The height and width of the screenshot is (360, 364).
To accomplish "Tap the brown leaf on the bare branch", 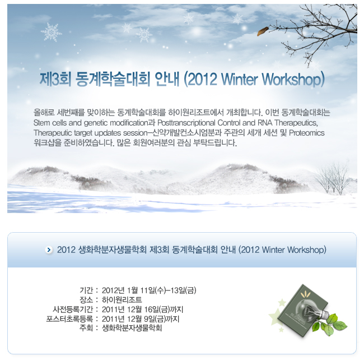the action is point(263,31).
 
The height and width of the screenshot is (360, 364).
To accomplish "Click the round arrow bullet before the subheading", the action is point(49,250).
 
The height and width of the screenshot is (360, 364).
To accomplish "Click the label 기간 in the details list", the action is point(86,290).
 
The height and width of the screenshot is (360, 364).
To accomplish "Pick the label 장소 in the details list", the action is point(86,300).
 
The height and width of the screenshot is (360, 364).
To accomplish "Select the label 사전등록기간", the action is point(73,310).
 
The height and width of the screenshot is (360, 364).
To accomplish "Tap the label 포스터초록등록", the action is point(69,319).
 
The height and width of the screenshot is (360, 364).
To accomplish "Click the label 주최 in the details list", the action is point(86,328).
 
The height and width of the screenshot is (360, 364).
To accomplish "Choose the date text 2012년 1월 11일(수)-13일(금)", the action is point(149,290).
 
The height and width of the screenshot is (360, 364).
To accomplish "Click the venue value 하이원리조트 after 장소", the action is point(122,300).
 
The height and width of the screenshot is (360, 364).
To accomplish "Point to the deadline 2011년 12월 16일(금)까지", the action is point(143,310).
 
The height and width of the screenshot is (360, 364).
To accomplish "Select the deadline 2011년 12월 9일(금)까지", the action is point(141,319).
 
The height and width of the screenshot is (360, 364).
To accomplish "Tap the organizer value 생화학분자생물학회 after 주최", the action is point(132,328).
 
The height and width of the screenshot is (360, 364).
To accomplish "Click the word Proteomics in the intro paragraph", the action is point(307,133).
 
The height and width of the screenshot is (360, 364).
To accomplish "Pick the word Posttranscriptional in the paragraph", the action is point(186,123).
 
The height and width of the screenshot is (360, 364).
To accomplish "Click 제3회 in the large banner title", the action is point(55,79).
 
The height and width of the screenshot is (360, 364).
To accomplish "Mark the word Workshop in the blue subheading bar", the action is point(306,250).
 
